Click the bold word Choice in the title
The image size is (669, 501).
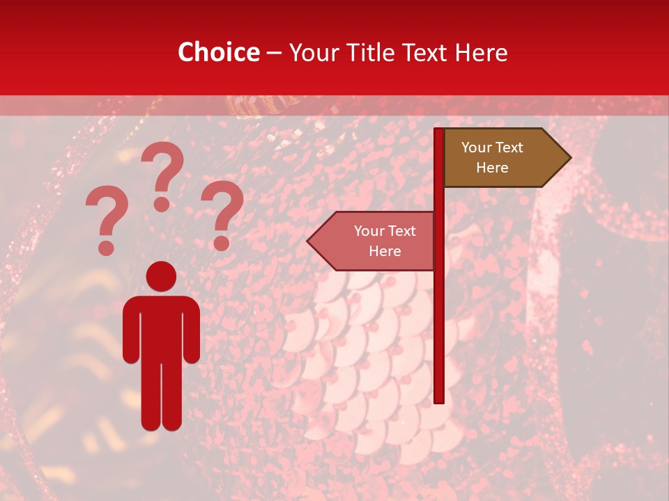pyautogui.click(x=218, y=53)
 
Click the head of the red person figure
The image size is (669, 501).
pyautogui.click(x=161, y=276)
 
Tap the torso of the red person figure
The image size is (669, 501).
pyautogui.click(x=161, y=327)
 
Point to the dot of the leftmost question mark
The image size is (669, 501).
pyautogui.click(x=106, y=248)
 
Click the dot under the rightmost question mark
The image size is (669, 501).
pyautogui.click(x=222, y=243)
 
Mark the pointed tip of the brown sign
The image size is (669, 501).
pyautogui.click(x=569, y=158)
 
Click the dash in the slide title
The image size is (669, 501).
pyautogui.click(x=274, y=53)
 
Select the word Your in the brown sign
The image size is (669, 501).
pyautogui.click(x=477, y=148)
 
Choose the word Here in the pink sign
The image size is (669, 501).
pyautogui.click(x=385, y=251)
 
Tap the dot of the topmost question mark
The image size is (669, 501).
pyautogui.click(x=162, y=203)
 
